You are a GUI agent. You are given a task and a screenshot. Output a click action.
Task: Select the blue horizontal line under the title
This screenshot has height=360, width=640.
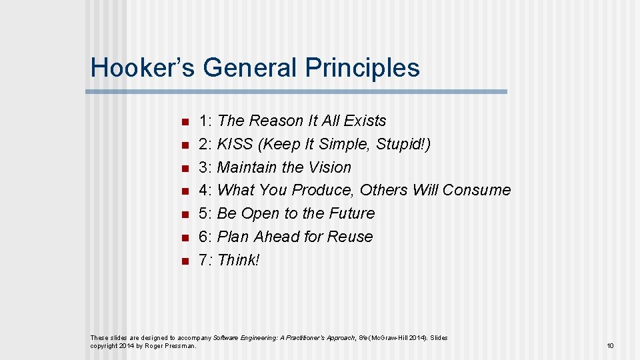(298, 91)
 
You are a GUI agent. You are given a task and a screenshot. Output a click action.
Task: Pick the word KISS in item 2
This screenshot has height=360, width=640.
(235, 144)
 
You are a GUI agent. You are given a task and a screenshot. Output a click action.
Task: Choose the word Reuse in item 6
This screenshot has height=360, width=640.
(353, 237)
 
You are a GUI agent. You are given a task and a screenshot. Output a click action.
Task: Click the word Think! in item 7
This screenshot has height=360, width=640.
(239, 260)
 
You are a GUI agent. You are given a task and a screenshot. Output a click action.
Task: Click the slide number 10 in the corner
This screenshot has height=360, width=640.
(609, 345)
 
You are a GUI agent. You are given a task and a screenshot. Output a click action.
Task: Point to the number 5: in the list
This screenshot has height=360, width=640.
(205, 213)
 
